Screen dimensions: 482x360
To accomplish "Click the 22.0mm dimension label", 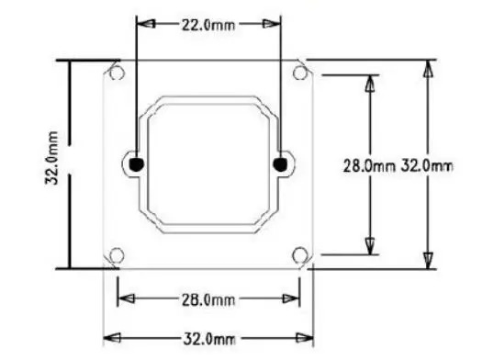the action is click(x=208, y=25).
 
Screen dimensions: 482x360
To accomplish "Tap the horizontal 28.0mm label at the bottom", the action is click(x=208, y=299).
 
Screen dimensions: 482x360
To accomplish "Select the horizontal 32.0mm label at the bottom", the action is click(x=209, y=339).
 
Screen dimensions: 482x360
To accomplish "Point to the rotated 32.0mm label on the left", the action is click(x=51, y=158).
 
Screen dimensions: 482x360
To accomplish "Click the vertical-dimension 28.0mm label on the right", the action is click(x=369, y=166).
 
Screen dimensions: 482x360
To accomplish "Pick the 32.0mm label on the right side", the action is click(x=427, y=166).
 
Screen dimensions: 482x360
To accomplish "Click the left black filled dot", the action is click(x=136, y=164).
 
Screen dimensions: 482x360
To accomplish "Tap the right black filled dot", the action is click(x=280, y=164).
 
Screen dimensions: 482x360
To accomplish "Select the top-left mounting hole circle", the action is click(x=117, y=73).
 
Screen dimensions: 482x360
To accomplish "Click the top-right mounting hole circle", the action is click(x=300, y=73).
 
